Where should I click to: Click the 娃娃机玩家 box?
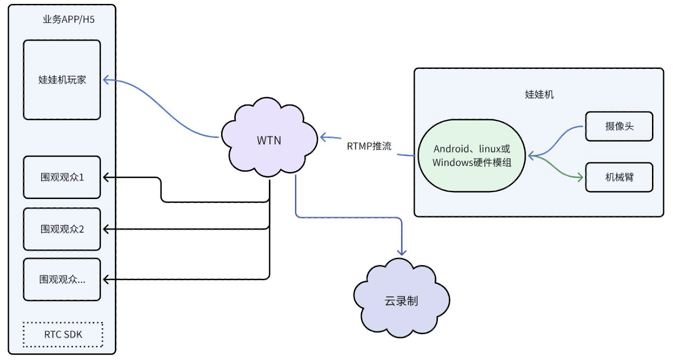pos(62,80)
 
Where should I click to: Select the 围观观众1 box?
pos(62,177)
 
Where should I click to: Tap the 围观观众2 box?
pos(62,228)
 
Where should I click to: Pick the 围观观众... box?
pos(62,279)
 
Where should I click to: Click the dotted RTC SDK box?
pos(63,335)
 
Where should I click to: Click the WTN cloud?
pos(269,140)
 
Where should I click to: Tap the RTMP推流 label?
pos(369,146)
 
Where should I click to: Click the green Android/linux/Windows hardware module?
pos(472,156)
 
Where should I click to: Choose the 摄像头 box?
pos(619,126)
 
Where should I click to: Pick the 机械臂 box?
pos(619,177)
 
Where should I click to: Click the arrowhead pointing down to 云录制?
pos(402,252)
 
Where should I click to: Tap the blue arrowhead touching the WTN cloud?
pos(323,137)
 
